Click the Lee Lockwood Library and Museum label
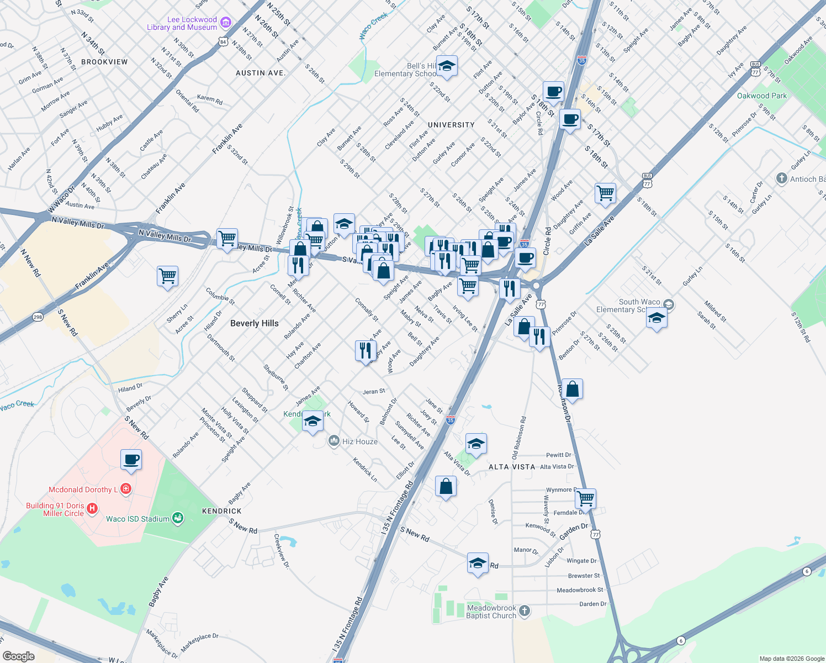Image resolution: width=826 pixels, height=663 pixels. pos(182,23)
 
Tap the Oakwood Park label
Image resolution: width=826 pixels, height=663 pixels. pos(762,96)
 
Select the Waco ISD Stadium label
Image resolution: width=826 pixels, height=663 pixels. pos(137,519)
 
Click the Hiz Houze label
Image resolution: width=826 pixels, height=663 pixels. pos(360,441)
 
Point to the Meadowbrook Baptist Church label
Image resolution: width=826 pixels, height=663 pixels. pos(491,612)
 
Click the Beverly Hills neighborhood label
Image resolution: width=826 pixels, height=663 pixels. pos(255,323)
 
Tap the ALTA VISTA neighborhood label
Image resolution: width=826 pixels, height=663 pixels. pos(512,467)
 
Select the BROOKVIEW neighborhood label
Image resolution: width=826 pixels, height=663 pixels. pos(104,62)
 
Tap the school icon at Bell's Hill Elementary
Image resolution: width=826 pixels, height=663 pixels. pos(447,66)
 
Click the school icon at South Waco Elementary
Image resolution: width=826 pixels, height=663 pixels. pos(656,318)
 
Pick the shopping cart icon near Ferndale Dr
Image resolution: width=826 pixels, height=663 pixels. pos(585,498)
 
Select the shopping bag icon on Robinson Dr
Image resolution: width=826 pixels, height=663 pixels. pos(573,389)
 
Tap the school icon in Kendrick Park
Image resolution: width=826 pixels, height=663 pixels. pos(313,422)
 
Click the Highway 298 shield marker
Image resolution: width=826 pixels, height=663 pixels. pos(38,317)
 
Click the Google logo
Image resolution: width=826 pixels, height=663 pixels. pos(19,656)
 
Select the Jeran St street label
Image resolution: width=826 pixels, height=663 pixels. pos(374,392)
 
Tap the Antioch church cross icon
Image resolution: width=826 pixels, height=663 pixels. pos(781,178)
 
